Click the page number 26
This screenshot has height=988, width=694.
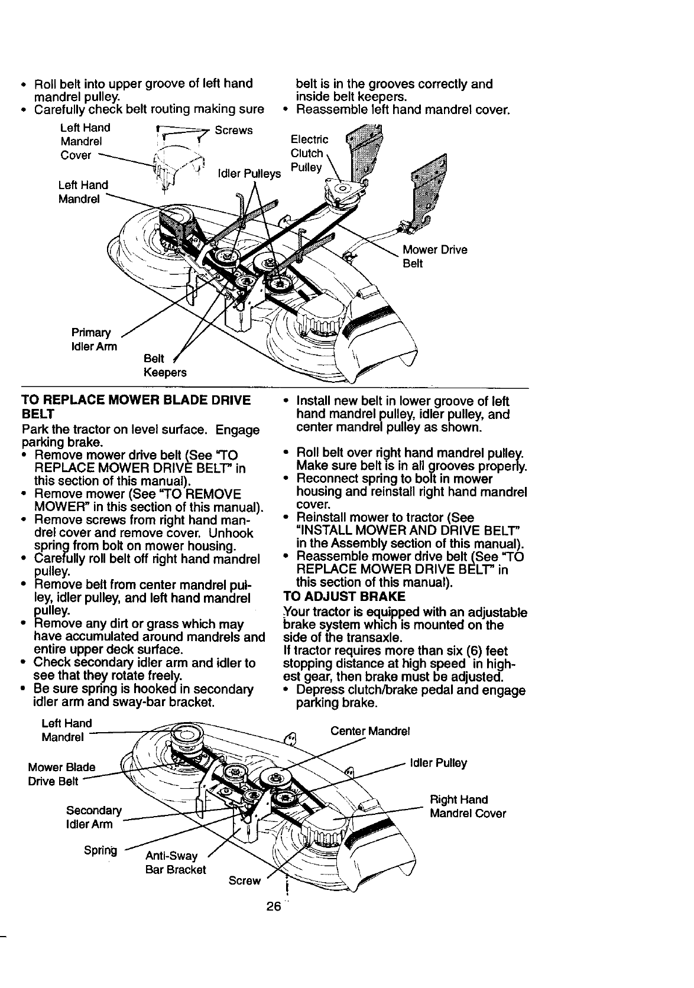click(273, 906)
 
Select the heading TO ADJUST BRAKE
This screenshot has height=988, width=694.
click(339, 595)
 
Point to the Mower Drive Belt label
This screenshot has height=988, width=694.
click(434, 256)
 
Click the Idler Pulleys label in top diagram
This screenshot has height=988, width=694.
click(249, 174)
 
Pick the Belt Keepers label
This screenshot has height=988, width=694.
click(165, 366)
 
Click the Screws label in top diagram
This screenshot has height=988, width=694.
click(234, 130)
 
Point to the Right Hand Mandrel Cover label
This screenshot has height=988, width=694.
click(468, 807)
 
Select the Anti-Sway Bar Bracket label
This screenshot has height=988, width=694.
click(175, 863)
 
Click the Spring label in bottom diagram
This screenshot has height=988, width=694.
click(100, 851)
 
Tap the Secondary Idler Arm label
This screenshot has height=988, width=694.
click(94, 817)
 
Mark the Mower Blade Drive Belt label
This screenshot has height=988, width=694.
click(61, 774)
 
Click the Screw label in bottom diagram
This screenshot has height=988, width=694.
click(245, 880)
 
